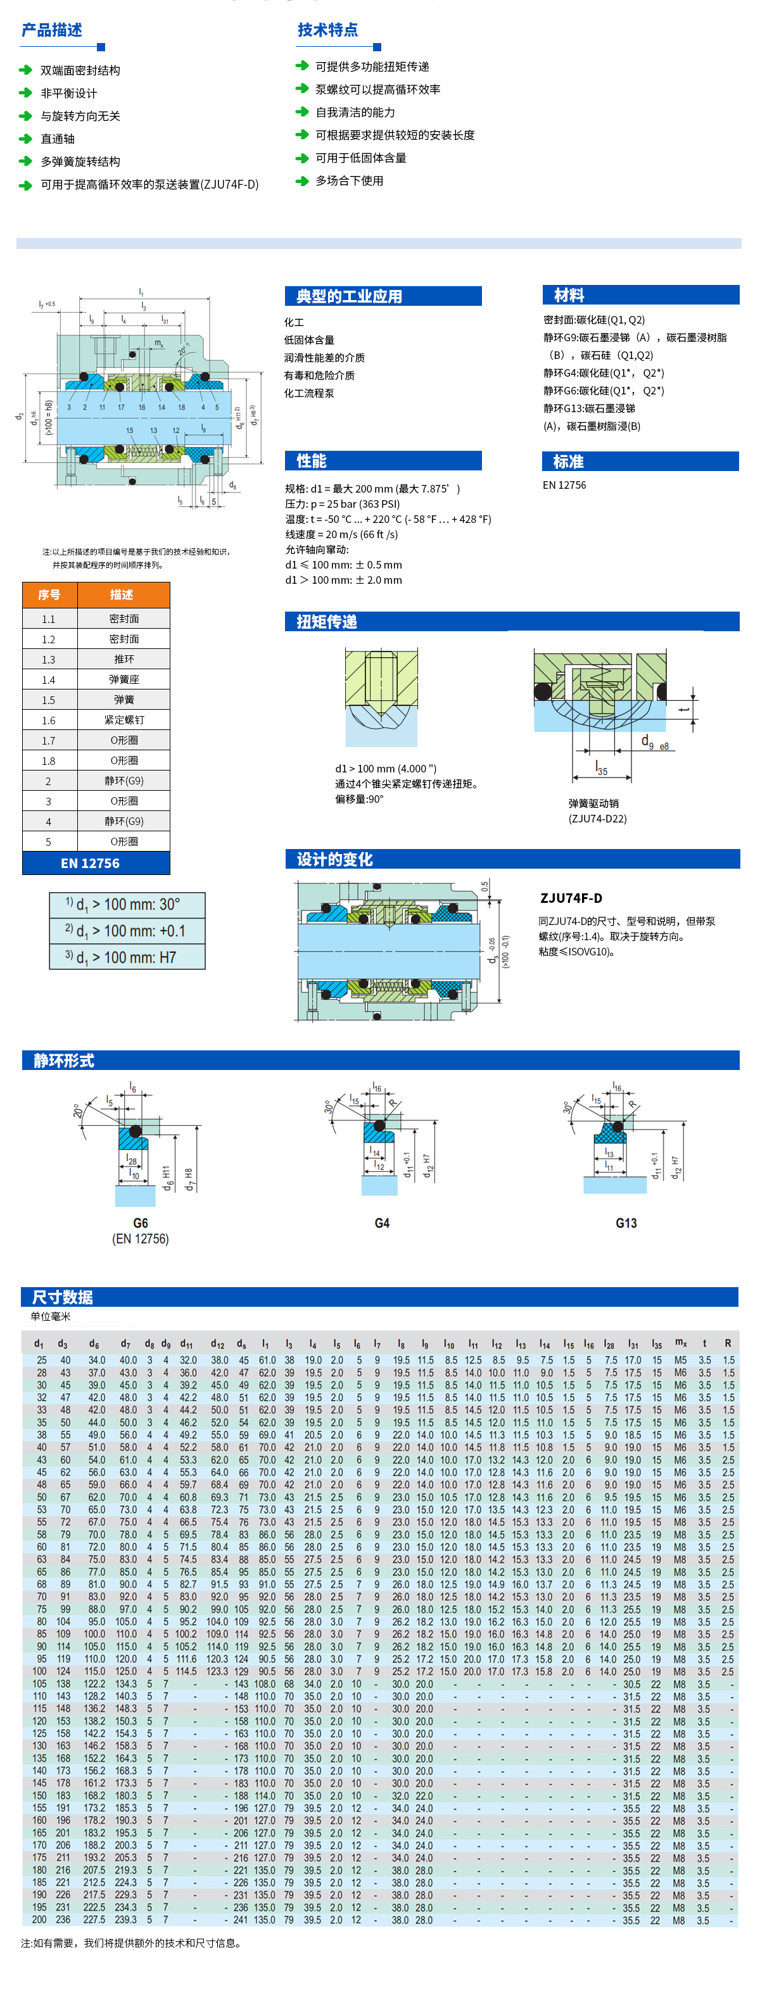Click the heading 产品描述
tap(52, 30)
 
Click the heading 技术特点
tap(327, 30)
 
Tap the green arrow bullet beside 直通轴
tap(25, 139)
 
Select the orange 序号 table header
tap(49, 595)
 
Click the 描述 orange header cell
tap(122, 595)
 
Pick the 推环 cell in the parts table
tap(124, 659)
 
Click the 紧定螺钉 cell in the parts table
tap(124, 719)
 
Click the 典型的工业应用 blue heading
tap(350, 296)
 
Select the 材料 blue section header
tap(569, 295)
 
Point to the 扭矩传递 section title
tap(327, 621)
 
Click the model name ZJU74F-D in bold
tap(571, 898)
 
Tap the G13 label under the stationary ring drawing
tap(626, 1223)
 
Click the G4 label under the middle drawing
tap(382, 1223)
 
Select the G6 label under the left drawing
tap(140, 1223)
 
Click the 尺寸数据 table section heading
tap(63, 1297)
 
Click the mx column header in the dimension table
tap(680, 1342)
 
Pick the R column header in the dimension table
tap(728, 1343)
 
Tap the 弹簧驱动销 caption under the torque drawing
tap(593, 803)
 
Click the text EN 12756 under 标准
tap(564, 485)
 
